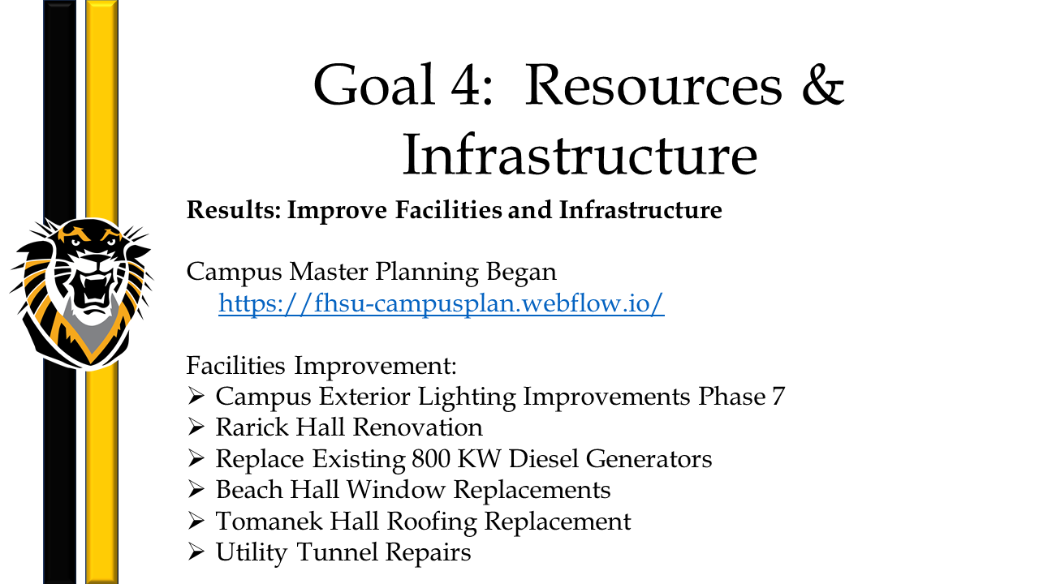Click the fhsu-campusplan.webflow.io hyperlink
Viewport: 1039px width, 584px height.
coord(441,303)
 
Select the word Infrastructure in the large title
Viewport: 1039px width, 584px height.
coord(580,154)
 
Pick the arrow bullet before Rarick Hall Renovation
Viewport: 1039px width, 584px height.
coord(196,427)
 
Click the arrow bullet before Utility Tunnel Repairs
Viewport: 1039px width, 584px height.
coord(196,552)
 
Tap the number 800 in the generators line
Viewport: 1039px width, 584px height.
coord(430,459)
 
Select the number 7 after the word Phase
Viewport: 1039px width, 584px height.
coord(778,397)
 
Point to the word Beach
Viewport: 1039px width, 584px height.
coord(249,489)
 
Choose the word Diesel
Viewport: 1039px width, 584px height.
coord(543,459)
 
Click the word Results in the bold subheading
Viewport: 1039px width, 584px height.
coord(234,209)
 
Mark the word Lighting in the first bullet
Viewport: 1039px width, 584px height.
coord(467,397)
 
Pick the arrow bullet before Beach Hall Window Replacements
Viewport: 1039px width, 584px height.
coord(196,489)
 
